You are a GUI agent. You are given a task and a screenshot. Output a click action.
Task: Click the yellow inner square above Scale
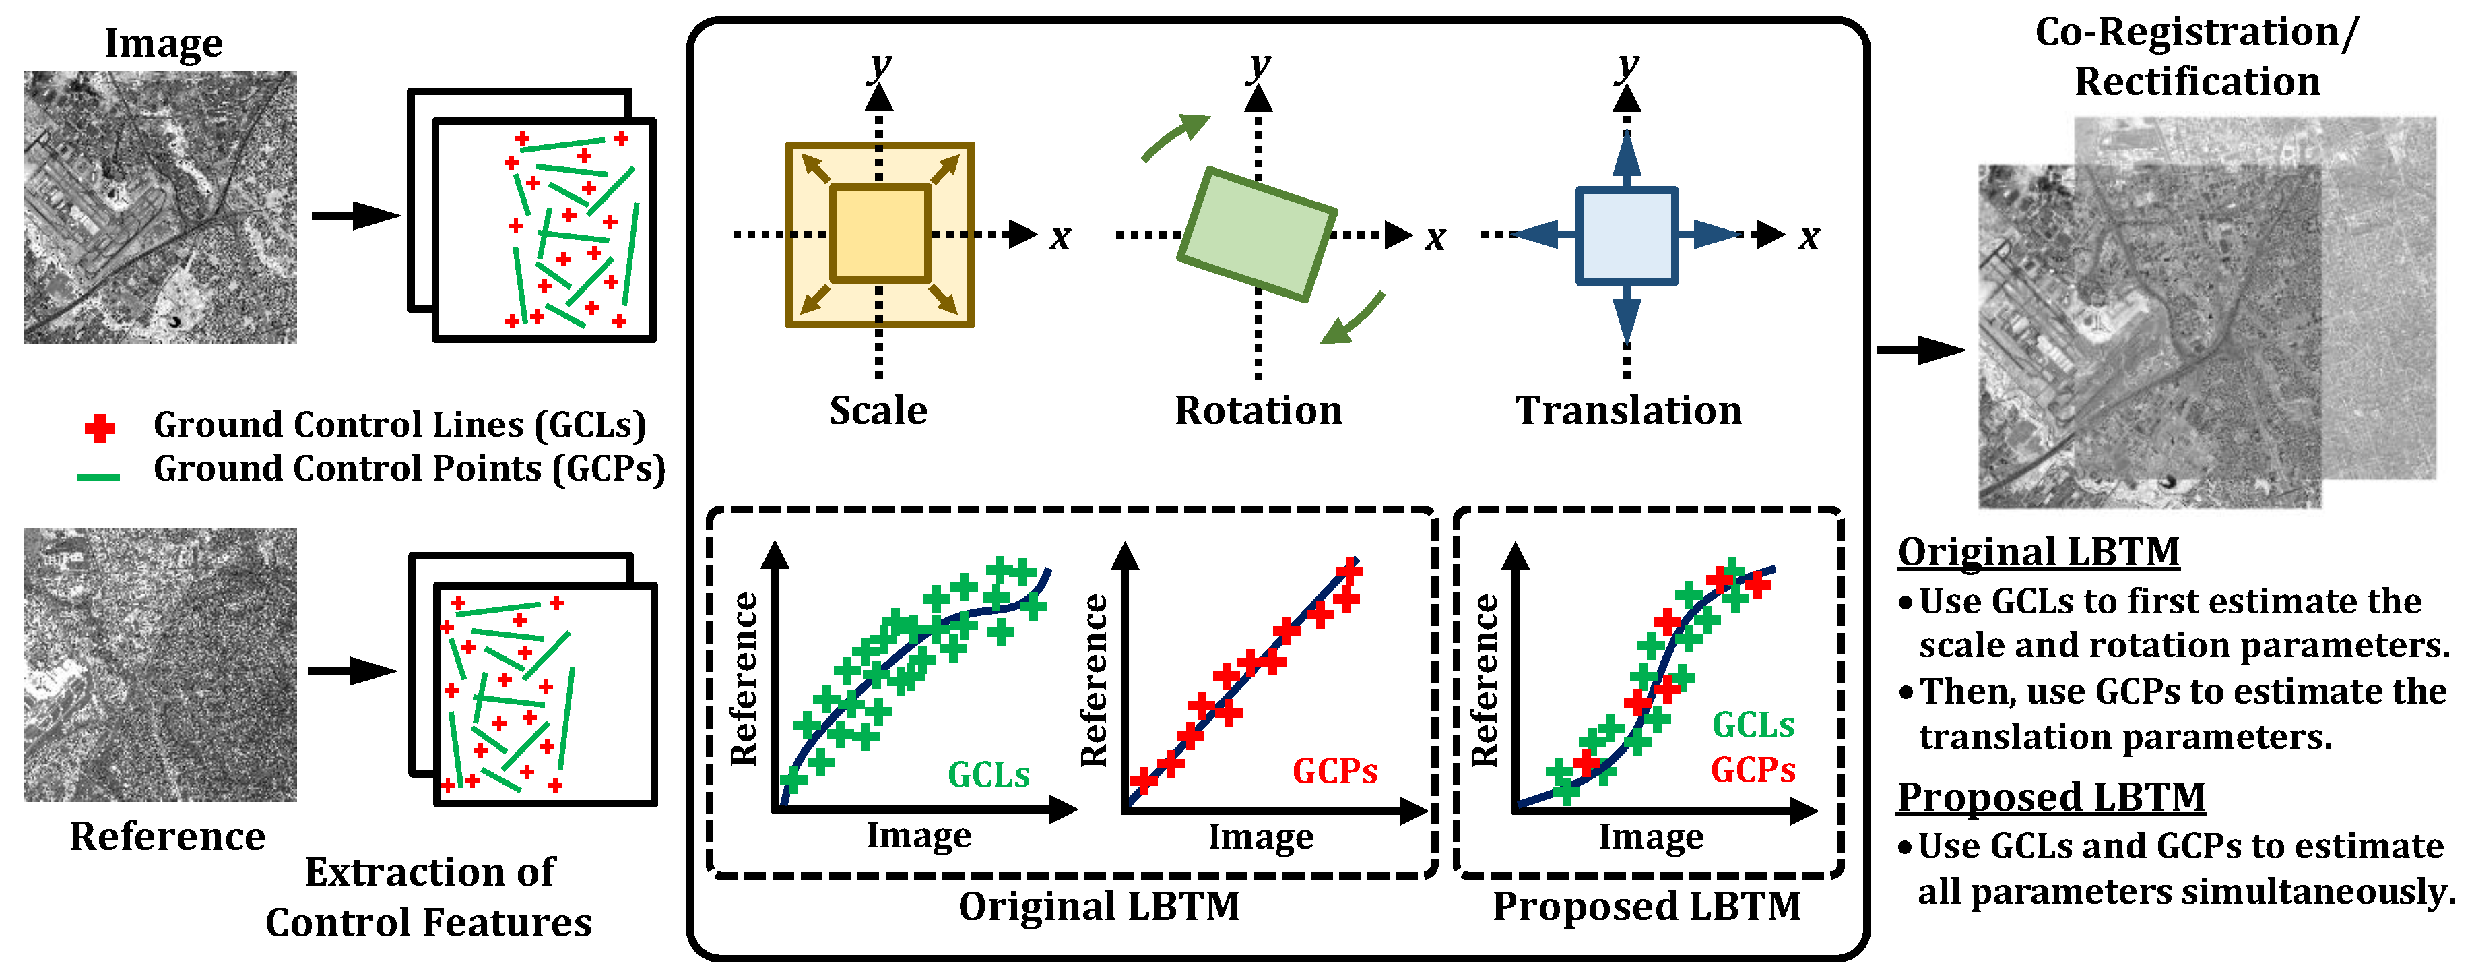[880, 234]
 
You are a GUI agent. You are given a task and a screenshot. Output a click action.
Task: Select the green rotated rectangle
[1256, 234]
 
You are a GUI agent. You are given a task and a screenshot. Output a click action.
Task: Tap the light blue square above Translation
[1627, 236]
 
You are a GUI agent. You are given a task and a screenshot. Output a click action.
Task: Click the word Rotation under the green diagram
[1258, 411]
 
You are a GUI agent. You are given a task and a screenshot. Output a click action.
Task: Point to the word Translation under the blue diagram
[1627, 411]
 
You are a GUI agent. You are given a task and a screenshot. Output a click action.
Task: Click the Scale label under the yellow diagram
[878, 411]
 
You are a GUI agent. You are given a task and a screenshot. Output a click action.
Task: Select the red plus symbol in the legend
[100, 428]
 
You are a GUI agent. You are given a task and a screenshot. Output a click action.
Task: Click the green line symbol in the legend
[99, 476]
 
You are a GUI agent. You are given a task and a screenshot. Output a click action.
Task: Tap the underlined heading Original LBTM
[2038, 553]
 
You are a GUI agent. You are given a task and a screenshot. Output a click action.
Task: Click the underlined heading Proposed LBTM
[2051, 797]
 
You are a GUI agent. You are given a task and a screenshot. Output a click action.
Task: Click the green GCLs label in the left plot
[988, 774]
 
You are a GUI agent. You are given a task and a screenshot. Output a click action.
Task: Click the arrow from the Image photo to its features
[354, 215]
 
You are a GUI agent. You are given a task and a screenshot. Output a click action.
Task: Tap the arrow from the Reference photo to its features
[352, 671]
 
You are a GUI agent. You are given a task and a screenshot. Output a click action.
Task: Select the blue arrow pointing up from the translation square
[1627, 156]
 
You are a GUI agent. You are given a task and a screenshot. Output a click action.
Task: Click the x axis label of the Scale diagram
[1060, 237]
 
